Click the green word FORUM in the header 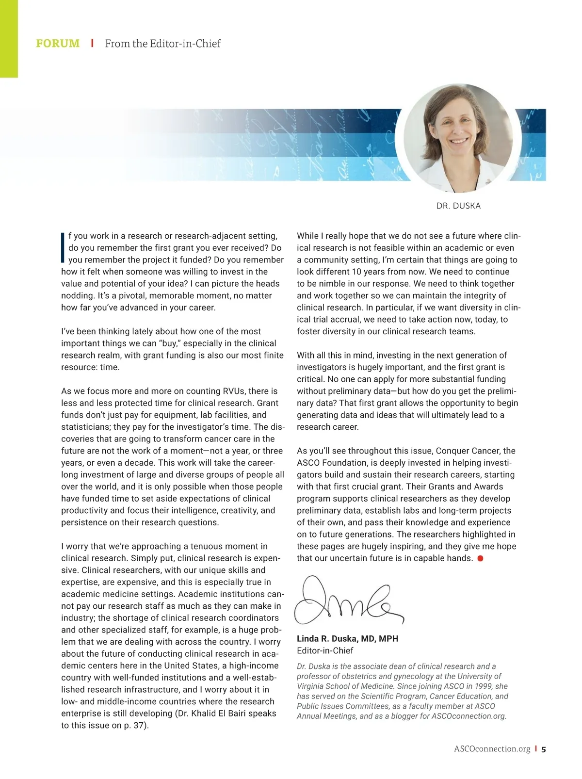pyautogui.click(x=58, y=44)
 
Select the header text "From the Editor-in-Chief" pyautogui.click(x=162, y=44)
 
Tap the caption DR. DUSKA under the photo pyautogui.click(x=458, y=206)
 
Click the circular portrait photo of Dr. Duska pyautogui.click(x=458, y=138)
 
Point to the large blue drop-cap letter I pyautogui.click(x=63, y=247)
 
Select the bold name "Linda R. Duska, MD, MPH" pyautogui.click(x=347, y=638)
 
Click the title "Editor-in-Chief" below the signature pyautogui.click(x=325, y=650)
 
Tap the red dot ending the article pyautogui.click(x=480, y=558)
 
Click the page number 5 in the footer pyautogui.click(x=544, y=749)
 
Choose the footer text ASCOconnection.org pyautogui.click(x=492, y=749)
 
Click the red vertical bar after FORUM pyautogui.click(x=92, y=43)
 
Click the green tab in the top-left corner pyautogui.click(x=9, y=39)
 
